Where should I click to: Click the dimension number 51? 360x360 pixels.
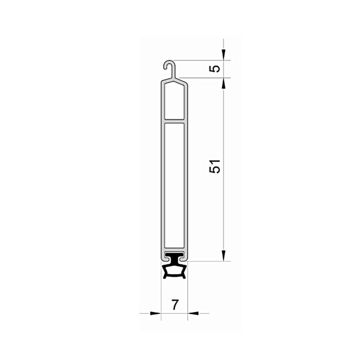click(215, 166)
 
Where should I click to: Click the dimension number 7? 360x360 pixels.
click(175, 305)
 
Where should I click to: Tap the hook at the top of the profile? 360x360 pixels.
click(169, 64)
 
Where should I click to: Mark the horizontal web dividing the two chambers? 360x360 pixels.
click(174, 121)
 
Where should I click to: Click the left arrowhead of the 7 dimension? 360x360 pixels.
click(156, 313)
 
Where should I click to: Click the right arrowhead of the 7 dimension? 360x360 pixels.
click(193, 313)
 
